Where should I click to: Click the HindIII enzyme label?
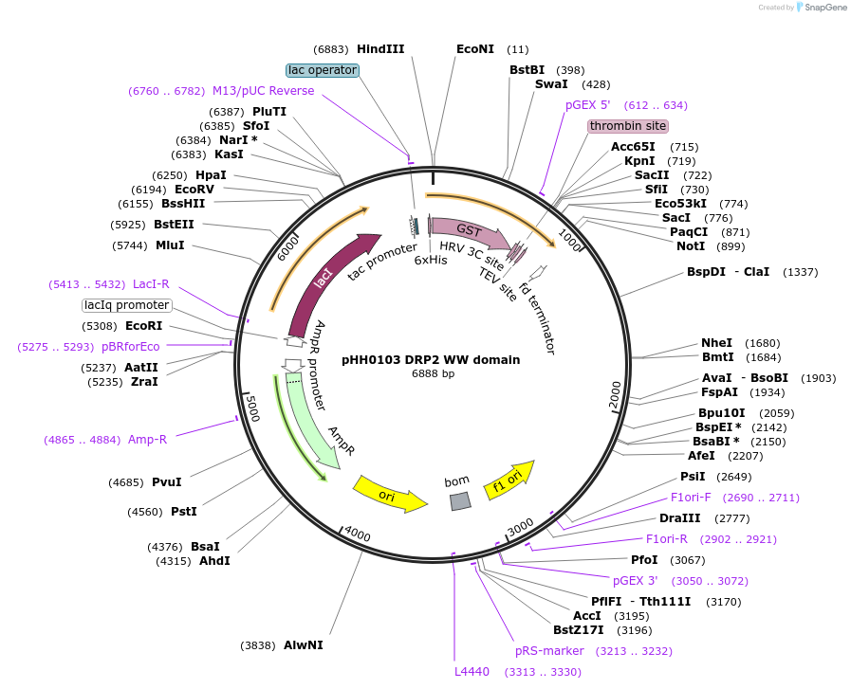pos(380,49)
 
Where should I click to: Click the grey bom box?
pos(460,501)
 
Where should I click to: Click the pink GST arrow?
pos(469,232)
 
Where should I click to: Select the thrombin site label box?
pos(627,126)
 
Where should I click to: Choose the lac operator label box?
pos(323,70)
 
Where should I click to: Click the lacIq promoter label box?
pos(127,305)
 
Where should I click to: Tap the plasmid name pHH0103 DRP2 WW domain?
pos(431,359)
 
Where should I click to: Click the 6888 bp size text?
pos(433,373)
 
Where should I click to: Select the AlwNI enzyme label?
pos(304,644)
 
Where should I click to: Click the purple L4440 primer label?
pos(472,671)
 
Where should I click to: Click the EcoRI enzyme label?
pos(144,326)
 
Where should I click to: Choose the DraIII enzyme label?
pos(680,518)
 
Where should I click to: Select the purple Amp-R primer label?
pos(148,440)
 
